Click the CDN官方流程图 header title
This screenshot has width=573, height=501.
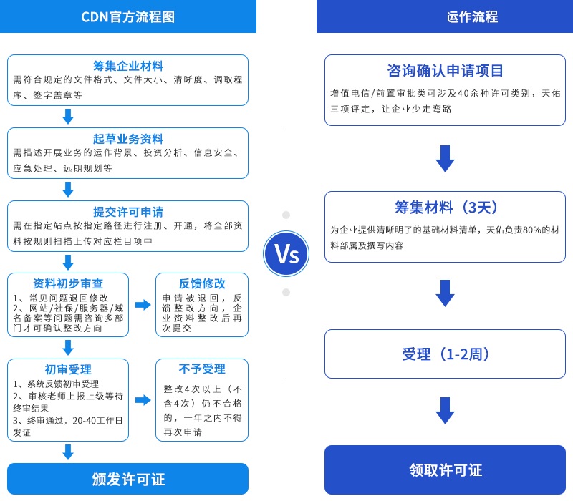click(127, 17)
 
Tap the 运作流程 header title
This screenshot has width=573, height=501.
click(445, 17)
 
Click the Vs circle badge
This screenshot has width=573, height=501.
click(286, 253)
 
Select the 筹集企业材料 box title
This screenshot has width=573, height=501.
click(128, 66)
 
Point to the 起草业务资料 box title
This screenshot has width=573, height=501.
click(128, 139)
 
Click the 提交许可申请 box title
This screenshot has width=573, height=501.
click(128, 212)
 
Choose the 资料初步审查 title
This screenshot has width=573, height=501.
click(68, 283)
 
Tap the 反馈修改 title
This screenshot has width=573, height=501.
click(202, 283)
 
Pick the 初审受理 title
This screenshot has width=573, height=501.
click(68, 369)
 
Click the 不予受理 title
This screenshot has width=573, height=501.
click(202, 369)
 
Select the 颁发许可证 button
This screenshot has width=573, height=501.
click(128, 479)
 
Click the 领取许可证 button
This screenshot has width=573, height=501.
click(445, 470)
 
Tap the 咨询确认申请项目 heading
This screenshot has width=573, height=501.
click(445, 71)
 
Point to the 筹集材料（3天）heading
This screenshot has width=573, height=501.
click(445, 208)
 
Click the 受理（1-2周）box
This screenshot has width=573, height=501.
click(445, 354)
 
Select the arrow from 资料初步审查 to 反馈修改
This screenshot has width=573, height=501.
click(143, 305)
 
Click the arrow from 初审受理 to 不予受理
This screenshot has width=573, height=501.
click(143, 400)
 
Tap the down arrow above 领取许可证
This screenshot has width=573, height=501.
click(445, 411)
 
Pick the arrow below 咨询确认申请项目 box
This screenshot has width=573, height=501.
click(445, 158)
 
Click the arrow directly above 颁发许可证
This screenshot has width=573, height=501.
click(68, 452)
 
